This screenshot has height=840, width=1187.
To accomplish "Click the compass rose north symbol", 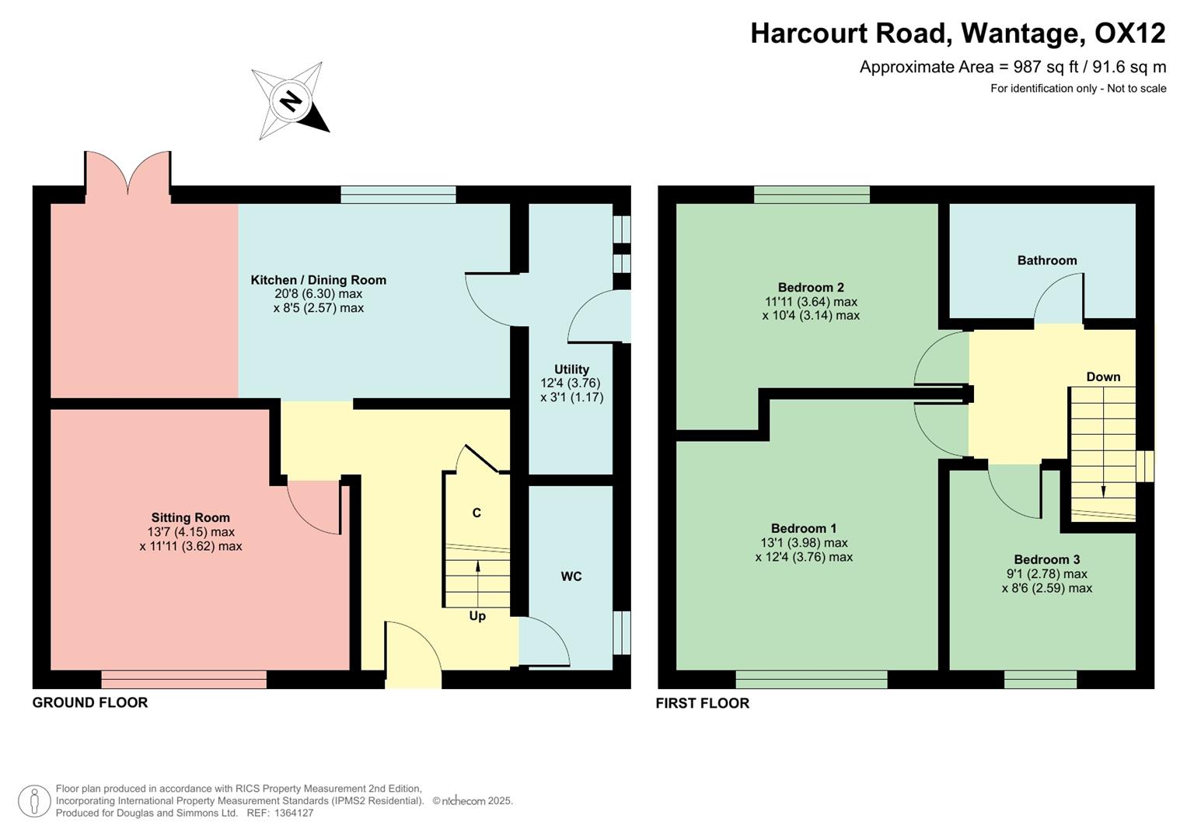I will click(x=291, y=101).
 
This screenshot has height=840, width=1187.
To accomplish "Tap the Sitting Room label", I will click(x=190, y=517).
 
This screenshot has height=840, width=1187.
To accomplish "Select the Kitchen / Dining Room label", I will click(x=318, y=280).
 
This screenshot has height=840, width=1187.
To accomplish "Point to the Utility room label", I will click(x=571, y=369).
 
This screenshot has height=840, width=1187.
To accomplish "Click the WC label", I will click(x=571, y=576).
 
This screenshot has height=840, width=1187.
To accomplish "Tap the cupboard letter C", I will click(x=477, y=513).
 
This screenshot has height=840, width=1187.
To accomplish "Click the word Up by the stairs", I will click(x=477, y=616).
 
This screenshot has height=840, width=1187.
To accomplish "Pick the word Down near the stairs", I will click(x=1103, y=377).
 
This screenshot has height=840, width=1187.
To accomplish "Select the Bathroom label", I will click(x=1047, y=261).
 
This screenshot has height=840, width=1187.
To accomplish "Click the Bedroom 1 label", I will click(x=804, y=529).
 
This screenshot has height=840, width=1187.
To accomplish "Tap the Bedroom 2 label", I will click(x=811, y=288).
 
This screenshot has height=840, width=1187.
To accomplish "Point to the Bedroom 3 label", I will click(x=1046, y=560).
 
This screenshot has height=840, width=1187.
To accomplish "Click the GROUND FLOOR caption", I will click(x=90, y=702).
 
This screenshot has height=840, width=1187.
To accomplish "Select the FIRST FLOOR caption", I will click(x=702, y=703).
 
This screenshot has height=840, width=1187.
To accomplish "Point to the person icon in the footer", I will click(x=34, y=801).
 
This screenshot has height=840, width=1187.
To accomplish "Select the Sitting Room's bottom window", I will click(x=183, y=680).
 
